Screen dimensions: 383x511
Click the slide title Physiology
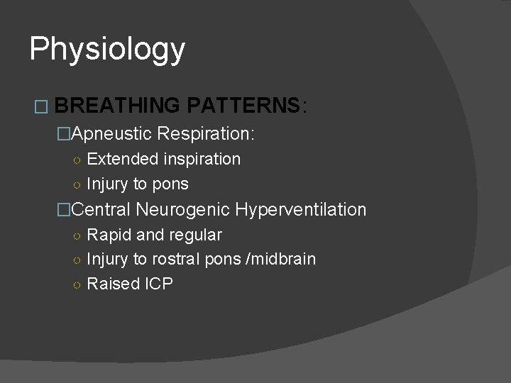pyautogui.click(x=107, y=49)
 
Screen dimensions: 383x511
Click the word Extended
pyautogui.click(x=117, y=159)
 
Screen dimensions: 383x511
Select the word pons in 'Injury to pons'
pyautogui.click(x=170, y=184)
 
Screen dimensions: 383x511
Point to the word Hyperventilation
pyautogui.click(x=301, y=209)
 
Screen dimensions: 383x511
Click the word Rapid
pyautogui.click(x=106, y=235)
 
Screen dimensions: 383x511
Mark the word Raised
pyautogui.click(x=111, y=284)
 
